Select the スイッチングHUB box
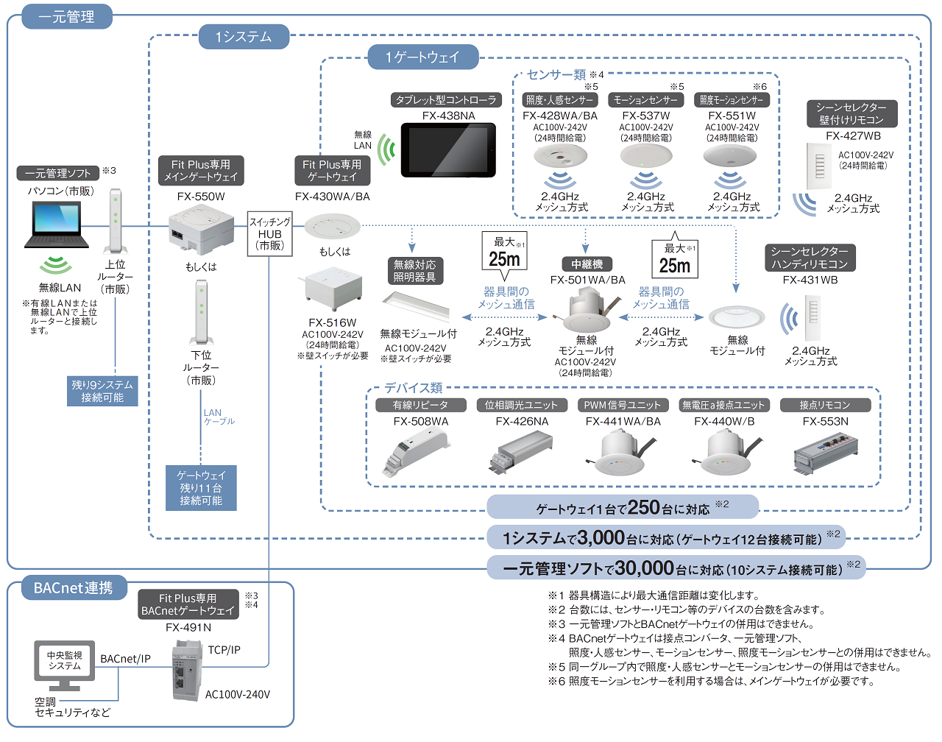(x=270, y=233)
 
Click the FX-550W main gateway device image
(x=200, y=230)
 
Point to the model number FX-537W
(x=646, y=116)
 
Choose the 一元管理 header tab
(x=66, y=16)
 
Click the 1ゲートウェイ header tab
(x=422, y=57)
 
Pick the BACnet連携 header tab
(x=73, y=588)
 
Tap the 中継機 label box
(x=587, y=264)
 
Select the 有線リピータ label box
(x=420, y=405)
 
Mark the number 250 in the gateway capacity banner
(x=643, y=507)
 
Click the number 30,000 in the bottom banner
(x=645, y=568)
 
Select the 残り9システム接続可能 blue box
(x=102, y=391)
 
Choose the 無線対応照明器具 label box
(x=414, y=270)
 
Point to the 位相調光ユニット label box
(x=521, y=405)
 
